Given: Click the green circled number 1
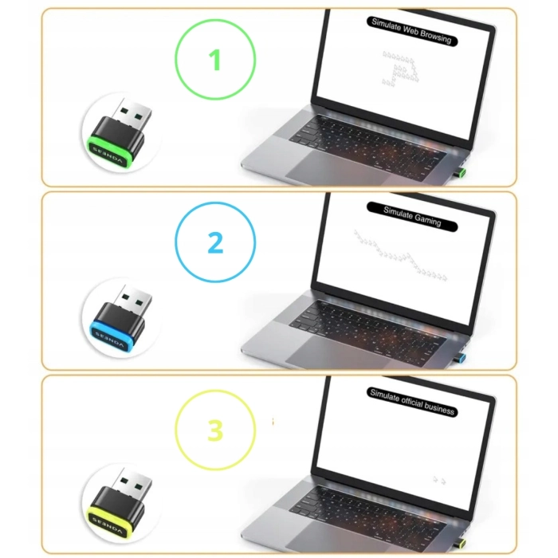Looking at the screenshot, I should point(215,61).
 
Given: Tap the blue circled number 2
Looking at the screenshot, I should point(215,243).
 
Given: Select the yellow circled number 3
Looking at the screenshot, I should point(215,430).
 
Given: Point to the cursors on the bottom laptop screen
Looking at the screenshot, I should point(438,480).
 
